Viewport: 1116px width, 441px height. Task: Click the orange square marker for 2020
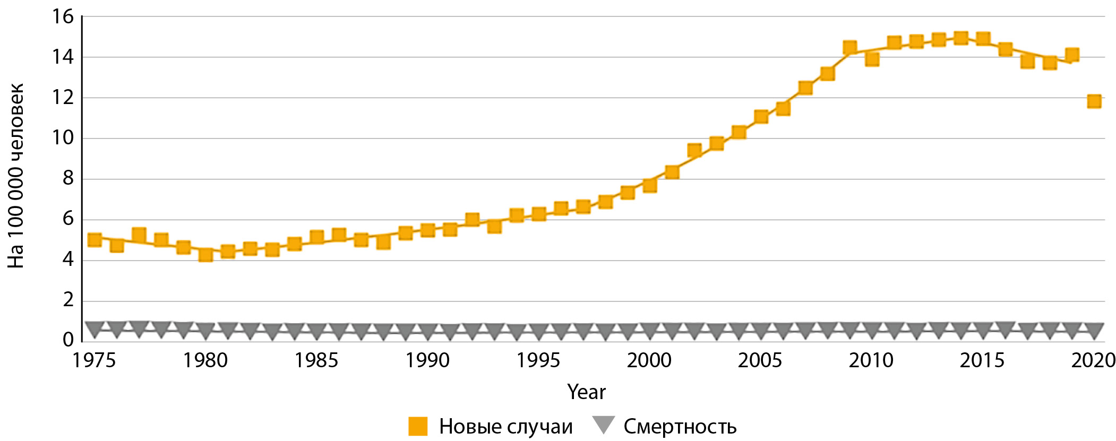[x=1094, y=101]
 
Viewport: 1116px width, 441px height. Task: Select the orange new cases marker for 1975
[x=95, y=239]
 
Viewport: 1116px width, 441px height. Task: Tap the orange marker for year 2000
[x=650, y=185]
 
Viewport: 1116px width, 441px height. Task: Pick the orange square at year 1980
[x=205, y=255]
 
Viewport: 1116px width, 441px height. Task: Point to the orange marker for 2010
[x=872, y=59]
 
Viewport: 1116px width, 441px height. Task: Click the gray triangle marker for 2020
[x=1094, y=330]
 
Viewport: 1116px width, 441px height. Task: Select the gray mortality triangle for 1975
[x=95, y=329]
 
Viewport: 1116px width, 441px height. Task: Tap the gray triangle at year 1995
[x=539, y=331]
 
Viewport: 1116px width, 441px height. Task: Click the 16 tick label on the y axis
[x=63, y=17]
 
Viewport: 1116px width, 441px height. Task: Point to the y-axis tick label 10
[x=63, y=138]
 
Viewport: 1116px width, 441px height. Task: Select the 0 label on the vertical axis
[x=68, y=340]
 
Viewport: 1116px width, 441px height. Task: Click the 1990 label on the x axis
[x=427, y=361]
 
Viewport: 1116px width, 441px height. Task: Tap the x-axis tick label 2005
[x=760, y=361]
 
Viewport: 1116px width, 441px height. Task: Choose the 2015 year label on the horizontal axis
[x=982, y=361]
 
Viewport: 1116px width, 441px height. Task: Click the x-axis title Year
[x=586, y=392]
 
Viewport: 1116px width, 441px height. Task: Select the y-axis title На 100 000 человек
[x=16, y=175]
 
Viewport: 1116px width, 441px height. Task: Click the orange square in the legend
[x=418, y=426]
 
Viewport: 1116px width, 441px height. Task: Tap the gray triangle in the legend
[x=603, y=425]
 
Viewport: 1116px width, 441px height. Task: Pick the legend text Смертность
[x=680, y=427]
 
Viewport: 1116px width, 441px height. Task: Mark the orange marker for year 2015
[x=983, y=39]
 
